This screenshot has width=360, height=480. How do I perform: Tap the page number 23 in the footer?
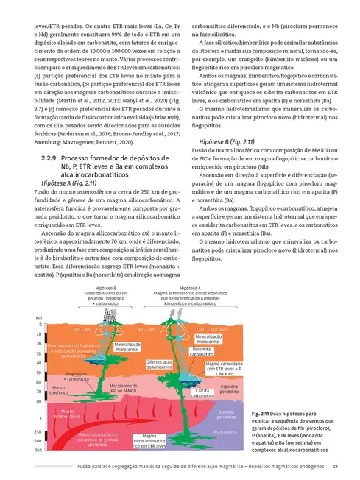335,465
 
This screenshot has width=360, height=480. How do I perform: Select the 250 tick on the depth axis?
38,449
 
